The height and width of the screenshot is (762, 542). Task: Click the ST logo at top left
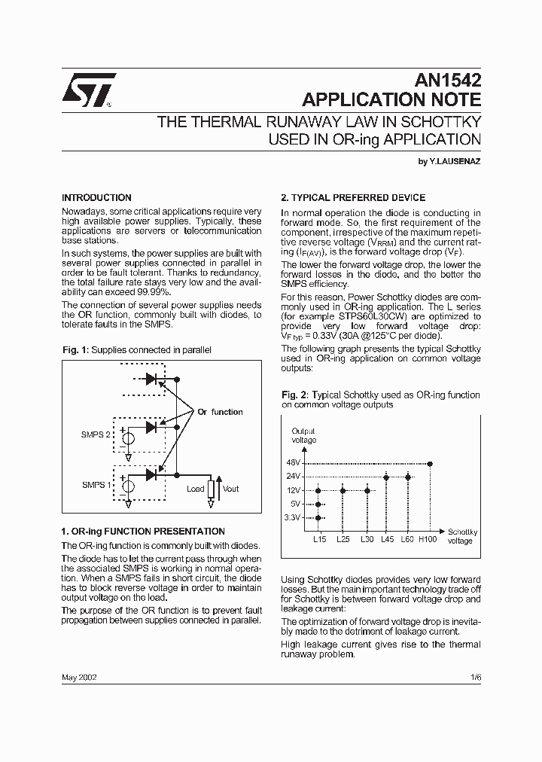[x=88, y=88]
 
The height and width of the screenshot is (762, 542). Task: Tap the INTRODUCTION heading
[x=96, y=198]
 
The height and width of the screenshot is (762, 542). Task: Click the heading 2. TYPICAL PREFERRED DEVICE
[x=353, y=198]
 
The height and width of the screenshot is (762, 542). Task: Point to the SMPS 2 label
[x=96, y=435]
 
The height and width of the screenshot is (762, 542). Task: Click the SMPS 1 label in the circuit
[x=95, y=485]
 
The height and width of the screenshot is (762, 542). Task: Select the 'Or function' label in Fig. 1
[x=220, y=412]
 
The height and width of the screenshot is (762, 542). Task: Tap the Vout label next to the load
[x=230, y=489]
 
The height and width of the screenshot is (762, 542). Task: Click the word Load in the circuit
[x=196, y=489]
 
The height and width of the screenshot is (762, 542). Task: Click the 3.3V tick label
[x=293, y=517]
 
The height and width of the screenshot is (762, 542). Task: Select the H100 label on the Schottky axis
[x=428, y=539]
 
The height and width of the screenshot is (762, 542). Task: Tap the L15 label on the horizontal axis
[x=319, y=539]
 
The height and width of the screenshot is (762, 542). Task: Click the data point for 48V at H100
[x=430, y=464]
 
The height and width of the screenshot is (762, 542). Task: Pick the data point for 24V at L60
[x=408, y=477]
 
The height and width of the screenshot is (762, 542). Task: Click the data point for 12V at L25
[x=343, y=490]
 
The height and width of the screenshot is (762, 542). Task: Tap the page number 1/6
[x=474, y=677]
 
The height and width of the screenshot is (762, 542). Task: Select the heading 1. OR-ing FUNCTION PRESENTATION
[x=143, y=531]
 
